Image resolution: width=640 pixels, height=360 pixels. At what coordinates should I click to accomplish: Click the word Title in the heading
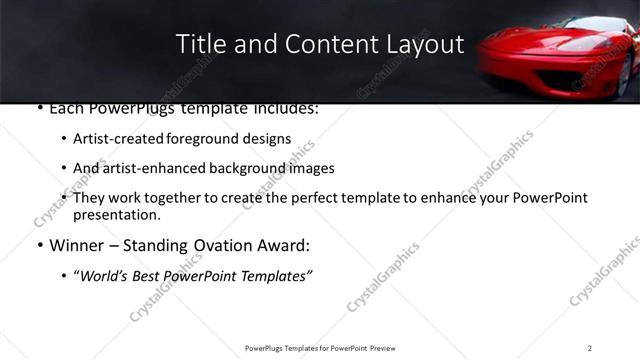[x=199, y=44]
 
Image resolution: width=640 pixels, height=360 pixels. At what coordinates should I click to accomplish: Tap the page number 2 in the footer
[x=590, y=347]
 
